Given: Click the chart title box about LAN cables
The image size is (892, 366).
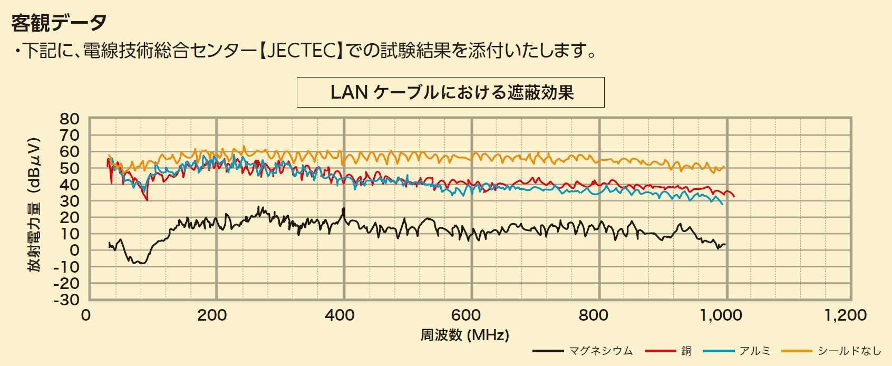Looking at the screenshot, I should point(451,92).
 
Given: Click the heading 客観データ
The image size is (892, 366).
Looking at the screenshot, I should point(59,23).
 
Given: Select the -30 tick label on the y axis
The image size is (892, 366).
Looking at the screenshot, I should point(66,300).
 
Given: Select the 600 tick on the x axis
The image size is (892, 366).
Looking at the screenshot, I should point(467,315).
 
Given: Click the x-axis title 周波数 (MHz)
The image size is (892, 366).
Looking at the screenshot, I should point(464,335).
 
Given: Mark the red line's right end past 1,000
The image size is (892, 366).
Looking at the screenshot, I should point(733,196).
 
